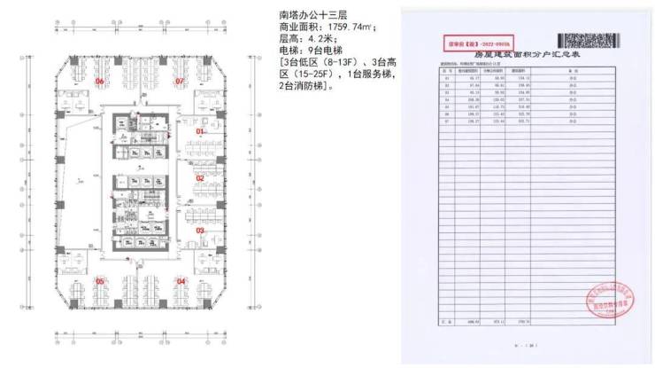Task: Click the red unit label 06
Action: [x=100, y=82]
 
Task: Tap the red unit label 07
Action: [x=179, y=82]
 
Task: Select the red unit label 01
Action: [x=200, y=131]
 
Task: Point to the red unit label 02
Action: [x=200, y=178]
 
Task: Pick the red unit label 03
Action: [x=200, y=231]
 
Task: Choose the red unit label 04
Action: [x=181, y=281]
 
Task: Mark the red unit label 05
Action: [x=100, y=281]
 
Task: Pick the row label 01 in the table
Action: [x=447, y=79]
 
